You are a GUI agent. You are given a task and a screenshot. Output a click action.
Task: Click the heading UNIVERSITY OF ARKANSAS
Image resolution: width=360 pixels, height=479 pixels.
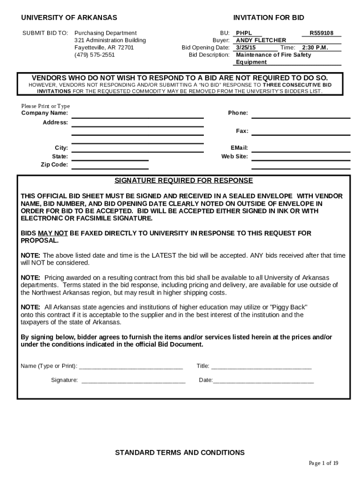(69, 18)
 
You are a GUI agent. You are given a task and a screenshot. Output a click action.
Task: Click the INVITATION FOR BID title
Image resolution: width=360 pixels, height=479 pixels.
(268, 18)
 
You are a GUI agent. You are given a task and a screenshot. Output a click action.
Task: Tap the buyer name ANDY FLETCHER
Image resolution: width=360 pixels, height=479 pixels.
(261, 40)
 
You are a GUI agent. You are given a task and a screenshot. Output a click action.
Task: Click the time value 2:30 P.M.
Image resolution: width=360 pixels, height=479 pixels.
(315, 48)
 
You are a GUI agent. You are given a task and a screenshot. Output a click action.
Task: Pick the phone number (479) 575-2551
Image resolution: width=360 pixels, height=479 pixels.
(94, 55)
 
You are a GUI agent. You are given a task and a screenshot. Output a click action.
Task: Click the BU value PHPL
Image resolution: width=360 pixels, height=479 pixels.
(244, 33)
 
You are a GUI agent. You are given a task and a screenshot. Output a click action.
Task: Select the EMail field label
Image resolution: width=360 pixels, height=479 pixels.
(239, 148)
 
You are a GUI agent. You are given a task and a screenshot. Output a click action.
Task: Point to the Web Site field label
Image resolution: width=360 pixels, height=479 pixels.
(234, 156)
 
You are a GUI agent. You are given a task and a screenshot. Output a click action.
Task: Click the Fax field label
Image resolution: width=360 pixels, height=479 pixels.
(242, 131)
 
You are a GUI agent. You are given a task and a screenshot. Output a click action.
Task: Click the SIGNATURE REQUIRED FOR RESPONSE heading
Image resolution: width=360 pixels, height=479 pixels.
(184, 181)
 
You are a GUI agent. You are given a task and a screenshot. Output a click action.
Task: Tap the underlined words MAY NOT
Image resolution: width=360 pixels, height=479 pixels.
(53, 233)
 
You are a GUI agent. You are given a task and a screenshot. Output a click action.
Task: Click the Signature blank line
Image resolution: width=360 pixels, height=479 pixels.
(133, 380)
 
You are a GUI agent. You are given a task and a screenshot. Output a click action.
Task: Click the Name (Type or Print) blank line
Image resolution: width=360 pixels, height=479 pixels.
(131, 366)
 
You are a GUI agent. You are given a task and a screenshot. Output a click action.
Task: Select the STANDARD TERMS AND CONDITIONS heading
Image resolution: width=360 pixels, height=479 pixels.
(180, 452)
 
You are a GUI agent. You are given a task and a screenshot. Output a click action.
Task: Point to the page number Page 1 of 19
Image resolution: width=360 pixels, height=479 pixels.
(324, 463)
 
